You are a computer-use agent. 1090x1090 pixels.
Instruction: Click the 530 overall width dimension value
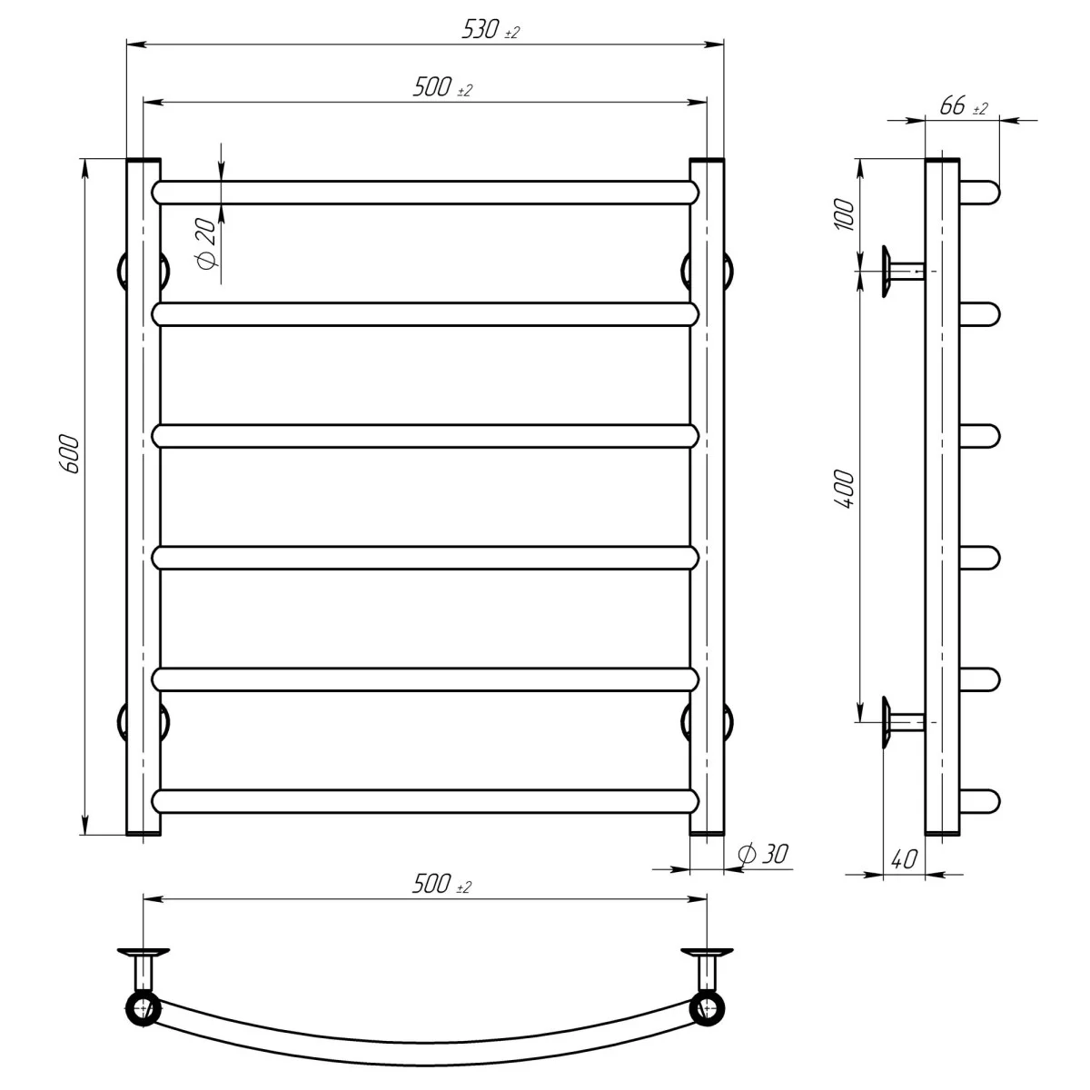(x=481, y=29)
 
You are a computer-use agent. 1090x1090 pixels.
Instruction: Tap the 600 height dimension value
(x=70, y=454)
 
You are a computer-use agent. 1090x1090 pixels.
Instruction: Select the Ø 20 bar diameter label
(x=206, y=243)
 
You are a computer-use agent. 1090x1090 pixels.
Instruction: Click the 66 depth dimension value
(x=953, y=105)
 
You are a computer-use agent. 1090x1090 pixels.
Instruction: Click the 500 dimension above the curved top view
(x=431, y=884)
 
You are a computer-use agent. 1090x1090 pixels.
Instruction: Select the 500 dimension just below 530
(x=432, y=87)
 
